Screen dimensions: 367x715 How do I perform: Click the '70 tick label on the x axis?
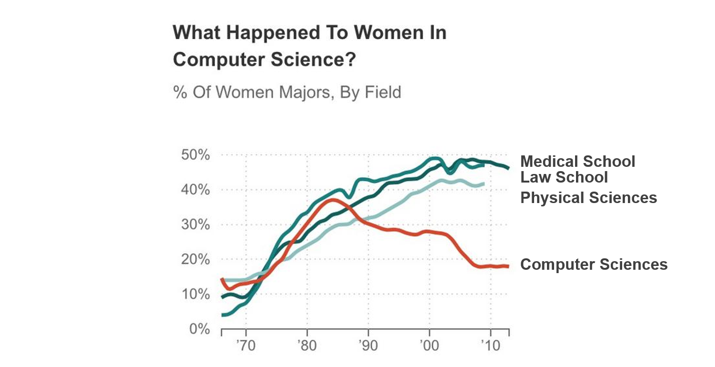coord(246,345)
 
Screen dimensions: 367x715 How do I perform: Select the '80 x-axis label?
coord(307,345)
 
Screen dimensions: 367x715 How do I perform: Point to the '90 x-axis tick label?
coord(368,345)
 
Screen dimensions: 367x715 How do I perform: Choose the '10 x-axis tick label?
coord(490,345)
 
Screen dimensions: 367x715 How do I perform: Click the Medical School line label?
coord(577,162)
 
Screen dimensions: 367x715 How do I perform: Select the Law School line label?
coord(564,177)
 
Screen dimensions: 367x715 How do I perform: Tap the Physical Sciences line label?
coord(588,197)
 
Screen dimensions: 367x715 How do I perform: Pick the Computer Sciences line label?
coord(594,264)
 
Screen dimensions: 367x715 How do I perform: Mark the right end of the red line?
coord(508,266)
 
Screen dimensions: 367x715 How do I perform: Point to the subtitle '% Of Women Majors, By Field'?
coord(287,92)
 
